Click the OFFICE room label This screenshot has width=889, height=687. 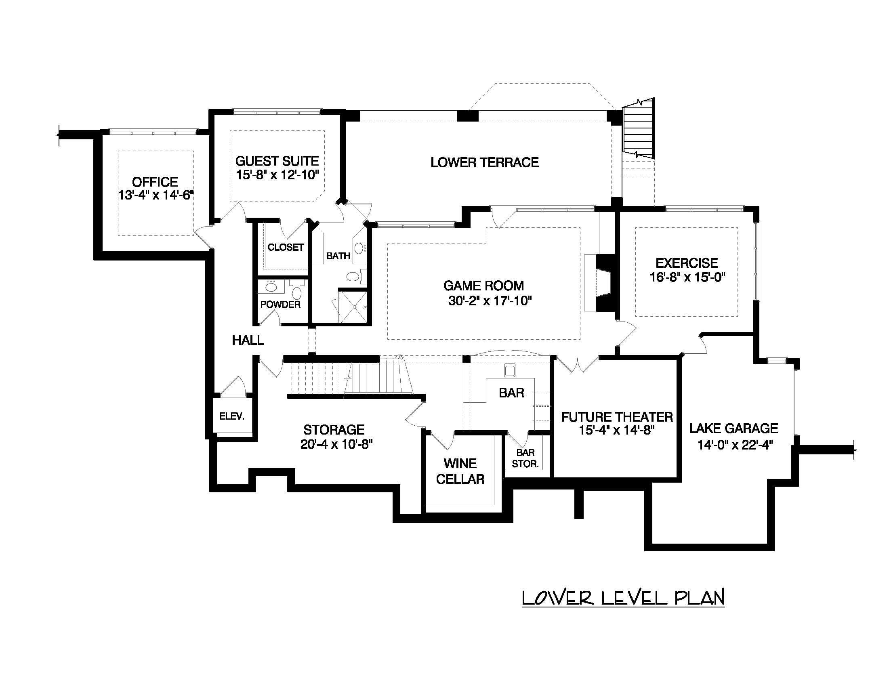point(155,182)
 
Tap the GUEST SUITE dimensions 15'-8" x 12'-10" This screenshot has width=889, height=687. point(277,175)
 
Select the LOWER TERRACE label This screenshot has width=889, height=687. point(484,162)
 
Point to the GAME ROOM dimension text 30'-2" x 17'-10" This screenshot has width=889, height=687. point(490,301)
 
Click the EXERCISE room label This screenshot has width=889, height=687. point(687,263)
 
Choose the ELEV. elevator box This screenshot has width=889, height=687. point(231,416)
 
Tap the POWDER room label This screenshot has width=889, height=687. point(280,304)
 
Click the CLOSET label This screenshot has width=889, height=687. point(285,247)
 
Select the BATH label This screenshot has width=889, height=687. point(338,256)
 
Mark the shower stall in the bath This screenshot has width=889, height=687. point(353,306)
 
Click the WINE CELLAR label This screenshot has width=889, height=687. point(460,471)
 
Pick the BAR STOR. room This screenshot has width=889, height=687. point(525,458)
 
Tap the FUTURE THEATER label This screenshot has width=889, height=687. point(617,417)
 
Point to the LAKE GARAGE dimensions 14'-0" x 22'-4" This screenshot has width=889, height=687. point(735,445)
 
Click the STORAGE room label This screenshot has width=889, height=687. point(334,429)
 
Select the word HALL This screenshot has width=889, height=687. point(248,340)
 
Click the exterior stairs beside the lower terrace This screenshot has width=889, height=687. point(638,128)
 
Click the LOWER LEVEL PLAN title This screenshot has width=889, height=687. point(623,597)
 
